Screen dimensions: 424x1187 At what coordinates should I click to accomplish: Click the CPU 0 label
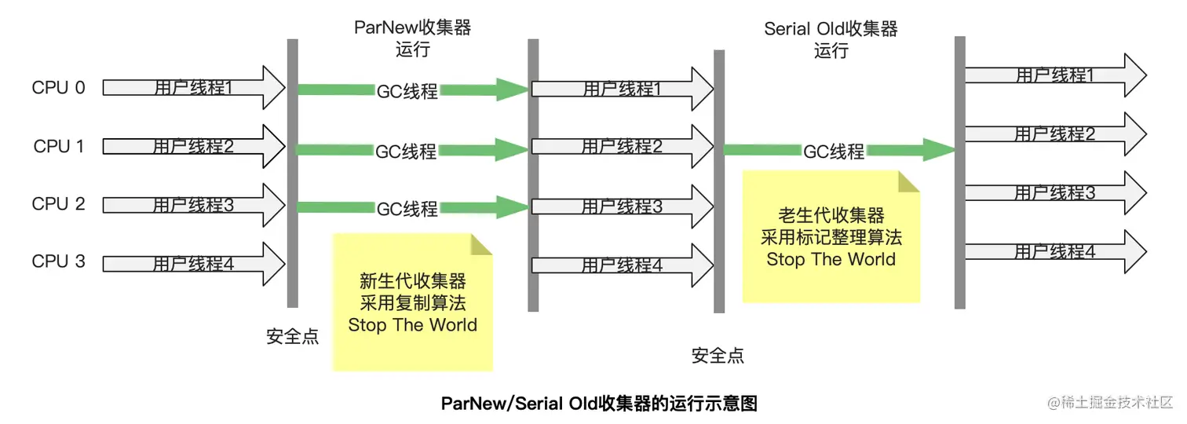(59, 88)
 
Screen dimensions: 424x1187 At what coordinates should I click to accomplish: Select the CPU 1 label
(59, 147)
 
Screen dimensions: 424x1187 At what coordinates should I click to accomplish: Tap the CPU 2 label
(59, 204)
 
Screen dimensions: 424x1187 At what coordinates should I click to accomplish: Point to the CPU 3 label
(59, 261)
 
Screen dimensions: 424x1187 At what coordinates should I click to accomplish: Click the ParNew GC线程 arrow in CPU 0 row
(408, 90)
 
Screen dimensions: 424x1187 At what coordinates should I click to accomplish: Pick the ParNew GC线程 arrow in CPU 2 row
(408, 208)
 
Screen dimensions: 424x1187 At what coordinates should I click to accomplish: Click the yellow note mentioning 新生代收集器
(413, 302)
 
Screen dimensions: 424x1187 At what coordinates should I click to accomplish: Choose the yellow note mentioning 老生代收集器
(831, 236)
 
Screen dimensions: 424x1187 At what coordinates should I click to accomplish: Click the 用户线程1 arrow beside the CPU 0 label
(193, 88)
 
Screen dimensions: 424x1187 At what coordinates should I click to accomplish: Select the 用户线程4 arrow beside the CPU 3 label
(193, 264)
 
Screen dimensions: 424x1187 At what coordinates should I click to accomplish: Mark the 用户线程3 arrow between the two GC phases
(622, 207)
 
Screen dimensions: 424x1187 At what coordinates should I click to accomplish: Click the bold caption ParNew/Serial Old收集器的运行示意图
(599, 404)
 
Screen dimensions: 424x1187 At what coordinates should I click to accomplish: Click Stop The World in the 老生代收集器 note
(831, 259)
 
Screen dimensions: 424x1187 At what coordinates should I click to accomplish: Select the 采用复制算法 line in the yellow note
(413, 303)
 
